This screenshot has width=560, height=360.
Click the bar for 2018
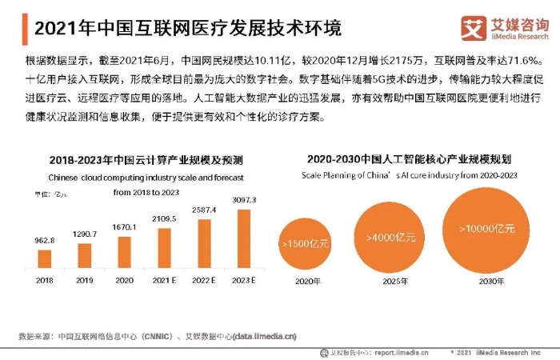tap(45, 258)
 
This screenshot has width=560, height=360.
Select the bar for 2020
tap(124, 251)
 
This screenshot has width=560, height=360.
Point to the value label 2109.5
tap(164, 218)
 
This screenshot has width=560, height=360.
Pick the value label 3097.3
tap(245, 199)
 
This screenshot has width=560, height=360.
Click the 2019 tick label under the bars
tap(84, 281)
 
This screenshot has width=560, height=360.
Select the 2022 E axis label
tap(205, 281)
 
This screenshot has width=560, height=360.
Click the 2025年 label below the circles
tap(391, 282)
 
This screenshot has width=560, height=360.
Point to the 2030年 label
tap(487, 282)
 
